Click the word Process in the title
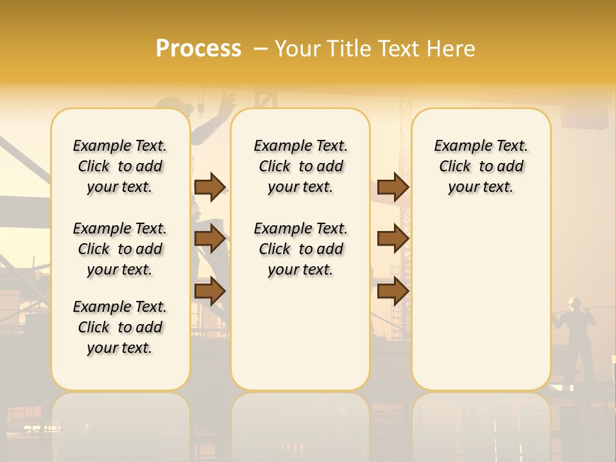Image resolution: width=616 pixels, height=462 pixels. tap(198, 49)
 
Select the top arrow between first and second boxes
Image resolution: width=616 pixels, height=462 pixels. tap(210, 187)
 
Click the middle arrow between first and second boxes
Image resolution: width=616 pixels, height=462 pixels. tap(210, 239)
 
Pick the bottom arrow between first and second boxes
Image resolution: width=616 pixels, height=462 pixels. tap(210, 291)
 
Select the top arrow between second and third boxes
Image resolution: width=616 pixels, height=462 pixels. tap(393, 187)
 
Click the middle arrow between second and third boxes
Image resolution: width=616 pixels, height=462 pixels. tap(393, 239)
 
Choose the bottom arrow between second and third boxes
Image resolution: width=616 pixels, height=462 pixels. tap(393, 291)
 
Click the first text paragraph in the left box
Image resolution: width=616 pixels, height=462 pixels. tap(120, 166)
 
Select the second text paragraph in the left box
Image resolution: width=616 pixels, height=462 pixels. tap(120, 249)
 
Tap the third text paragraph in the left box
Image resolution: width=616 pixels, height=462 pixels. tap(120, 327)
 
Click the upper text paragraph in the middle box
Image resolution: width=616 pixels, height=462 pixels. tap(300, 166)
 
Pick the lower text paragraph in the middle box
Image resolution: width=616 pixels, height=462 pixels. tap(300, 249)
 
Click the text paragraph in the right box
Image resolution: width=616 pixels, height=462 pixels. tap(481, 166)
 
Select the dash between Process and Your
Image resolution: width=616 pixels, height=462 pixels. tap(260, 49)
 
